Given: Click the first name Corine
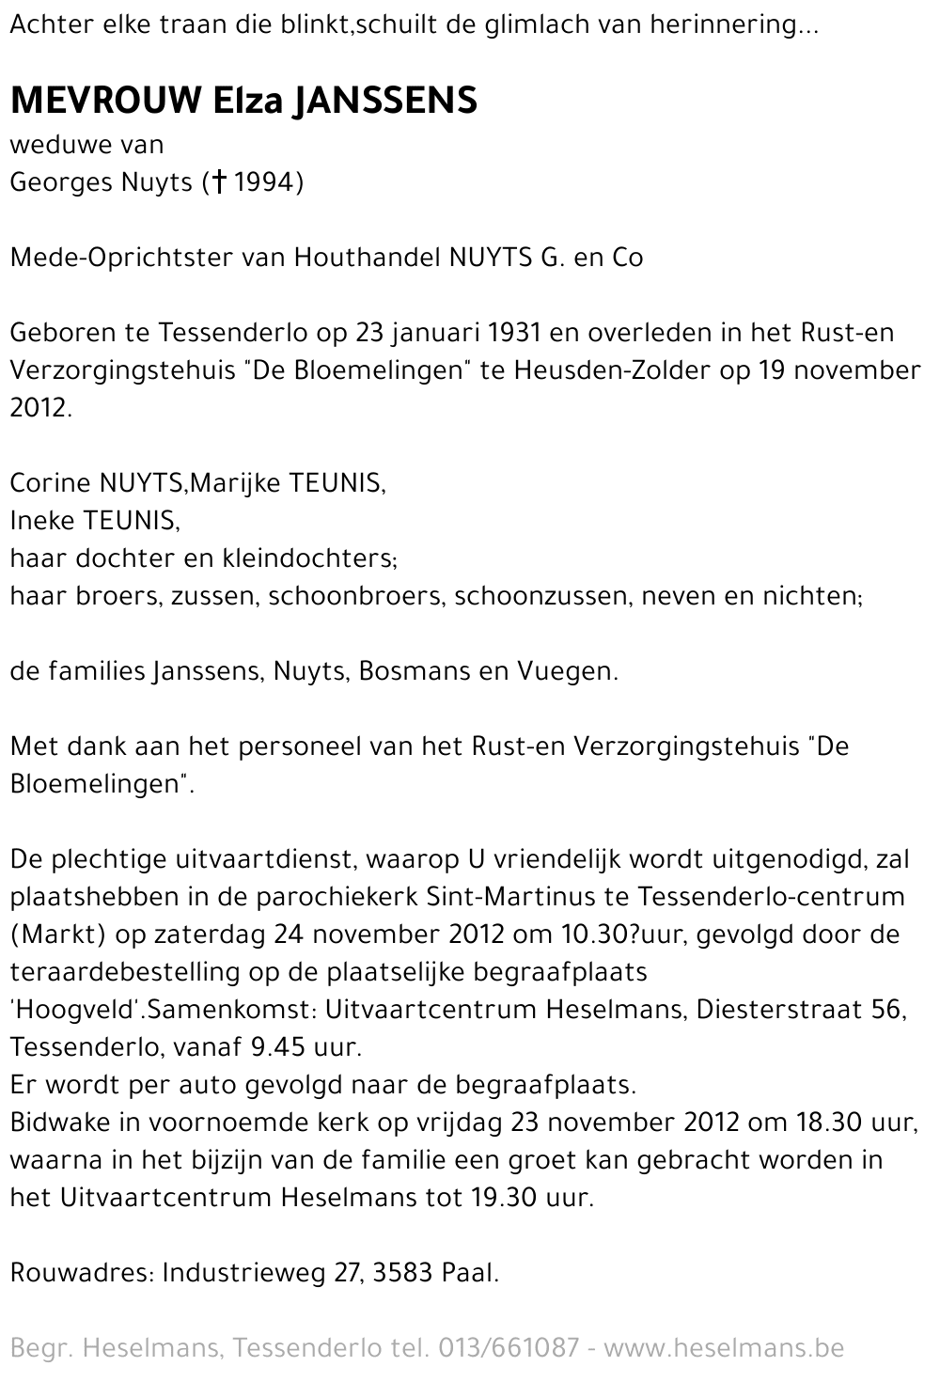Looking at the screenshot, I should tap(50, 483).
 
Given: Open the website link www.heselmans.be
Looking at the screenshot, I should tap(724, 1348).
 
